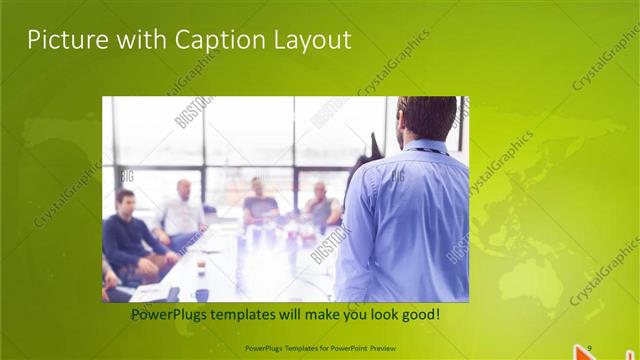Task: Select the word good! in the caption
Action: (417, 315)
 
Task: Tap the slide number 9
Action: (590, 347)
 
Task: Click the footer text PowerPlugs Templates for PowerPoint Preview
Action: (319, 348)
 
